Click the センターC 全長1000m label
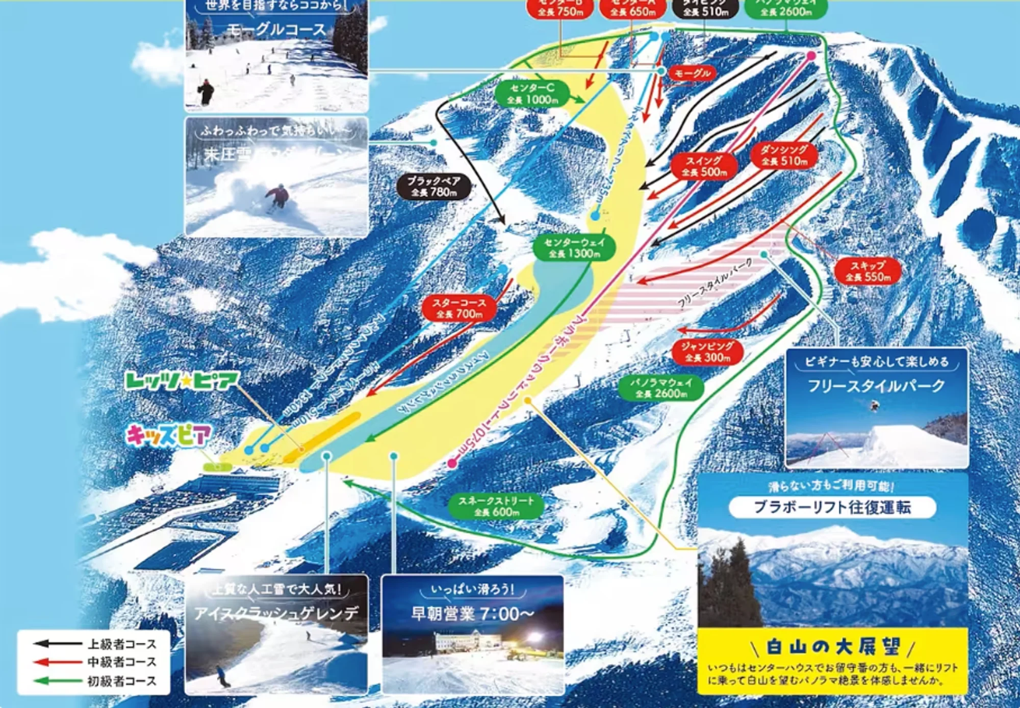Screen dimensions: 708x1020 [532, 94]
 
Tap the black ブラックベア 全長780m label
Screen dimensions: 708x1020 [433, 187]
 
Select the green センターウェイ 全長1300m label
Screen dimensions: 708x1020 [574, 248]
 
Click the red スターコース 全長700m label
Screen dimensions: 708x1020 [459, 308]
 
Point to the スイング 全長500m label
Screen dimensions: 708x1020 [704, 166]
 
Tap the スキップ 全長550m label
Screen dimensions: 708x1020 [868, 271]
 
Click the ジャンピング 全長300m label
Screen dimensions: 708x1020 [707, 352]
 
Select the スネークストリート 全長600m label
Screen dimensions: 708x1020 [496, 506]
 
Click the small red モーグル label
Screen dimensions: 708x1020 [692, 73]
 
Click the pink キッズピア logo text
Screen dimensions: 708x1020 [168, 436]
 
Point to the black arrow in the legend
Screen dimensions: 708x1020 [56, 644]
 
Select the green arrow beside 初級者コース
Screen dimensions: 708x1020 [56, 680]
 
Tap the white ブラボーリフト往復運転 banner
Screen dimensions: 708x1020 [832, 507]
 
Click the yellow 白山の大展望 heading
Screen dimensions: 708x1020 [833, 647]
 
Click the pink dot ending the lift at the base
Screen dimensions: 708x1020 [452, 463]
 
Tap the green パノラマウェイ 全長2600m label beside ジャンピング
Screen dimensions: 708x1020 [661, 388]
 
